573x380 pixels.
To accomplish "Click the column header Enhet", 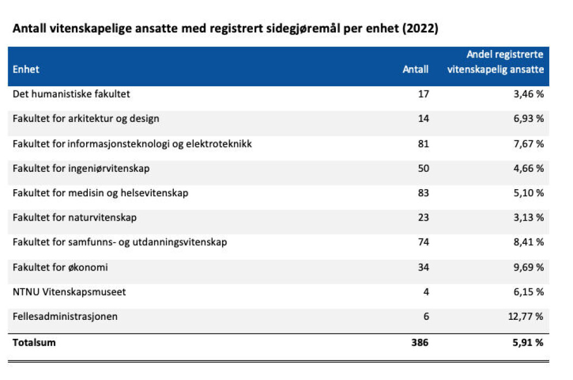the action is point(26,69).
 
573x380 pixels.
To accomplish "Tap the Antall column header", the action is point(415,69).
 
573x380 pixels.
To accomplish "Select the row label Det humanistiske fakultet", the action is point(71,94).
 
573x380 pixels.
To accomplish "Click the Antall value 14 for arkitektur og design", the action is point(424,119).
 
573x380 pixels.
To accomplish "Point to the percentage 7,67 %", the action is point(529,144).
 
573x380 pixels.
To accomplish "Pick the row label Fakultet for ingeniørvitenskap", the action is point(81,169).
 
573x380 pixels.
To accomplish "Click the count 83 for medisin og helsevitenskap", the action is point(424,193).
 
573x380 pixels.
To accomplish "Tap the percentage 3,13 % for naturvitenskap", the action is point(529,217).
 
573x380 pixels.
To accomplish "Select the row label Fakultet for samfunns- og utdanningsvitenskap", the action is point(120,242).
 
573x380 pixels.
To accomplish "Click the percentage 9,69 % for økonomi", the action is point(529,267).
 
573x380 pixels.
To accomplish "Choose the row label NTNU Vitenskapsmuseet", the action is point(69,292).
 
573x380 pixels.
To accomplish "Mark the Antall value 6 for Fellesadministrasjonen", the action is point(426,317).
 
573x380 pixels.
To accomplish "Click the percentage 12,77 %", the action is point(526,317).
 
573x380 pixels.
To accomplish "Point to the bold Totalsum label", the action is point(34,343).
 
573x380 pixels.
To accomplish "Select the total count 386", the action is point(420,343).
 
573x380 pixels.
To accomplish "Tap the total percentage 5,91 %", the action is point(528,343).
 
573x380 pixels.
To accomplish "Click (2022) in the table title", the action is point(420,29).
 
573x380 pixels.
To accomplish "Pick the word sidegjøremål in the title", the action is point(303,29).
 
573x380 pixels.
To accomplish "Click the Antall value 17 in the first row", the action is point(424,94).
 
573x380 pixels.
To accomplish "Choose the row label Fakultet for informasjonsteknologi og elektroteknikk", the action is point(132,144).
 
